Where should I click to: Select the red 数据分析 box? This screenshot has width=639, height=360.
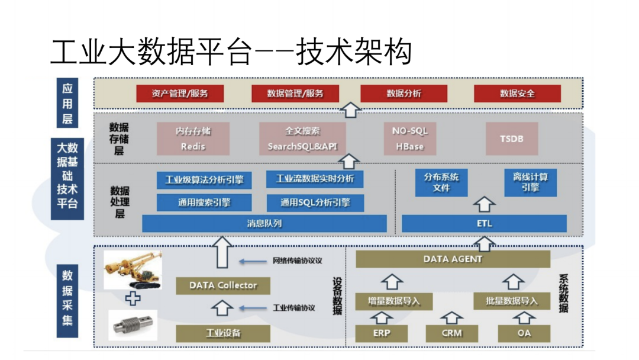(x=404, y=94)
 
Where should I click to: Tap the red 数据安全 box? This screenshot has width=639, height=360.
(x=517, y=94)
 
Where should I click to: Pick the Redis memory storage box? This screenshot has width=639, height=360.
(x=193, y=139)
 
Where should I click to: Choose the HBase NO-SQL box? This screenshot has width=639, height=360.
(x=409, y=139)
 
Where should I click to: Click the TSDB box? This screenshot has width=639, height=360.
(x=511, y=139)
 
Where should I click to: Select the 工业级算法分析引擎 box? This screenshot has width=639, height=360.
(x=204, y=180)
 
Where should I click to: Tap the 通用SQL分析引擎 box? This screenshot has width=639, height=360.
(x=315, y=202)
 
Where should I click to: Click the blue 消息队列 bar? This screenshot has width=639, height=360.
(x=264, y=224)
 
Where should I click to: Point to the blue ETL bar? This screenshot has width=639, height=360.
(x=484, y=224)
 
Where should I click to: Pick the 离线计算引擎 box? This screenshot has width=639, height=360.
(x=530, y=182)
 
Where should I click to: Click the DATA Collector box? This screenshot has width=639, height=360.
(x=223, y=285)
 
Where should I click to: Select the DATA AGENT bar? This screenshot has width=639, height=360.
(x=453, y=259)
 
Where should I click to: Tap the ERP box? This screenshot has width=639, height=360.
(x=382, y=333)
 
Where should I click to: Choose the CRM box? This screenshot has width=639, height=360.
(x=451, y=333)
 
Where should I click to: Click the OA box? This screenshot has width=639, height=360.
(x=524, y=333)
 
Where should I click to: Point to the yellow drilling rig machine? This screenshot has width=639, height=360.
(x=133, y=270)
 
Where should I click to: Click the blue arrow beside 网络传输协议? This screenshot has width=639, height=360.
(x=253, y=261)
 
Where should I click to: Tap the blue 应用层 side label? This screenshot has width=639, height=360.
(x=67, y=103)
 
